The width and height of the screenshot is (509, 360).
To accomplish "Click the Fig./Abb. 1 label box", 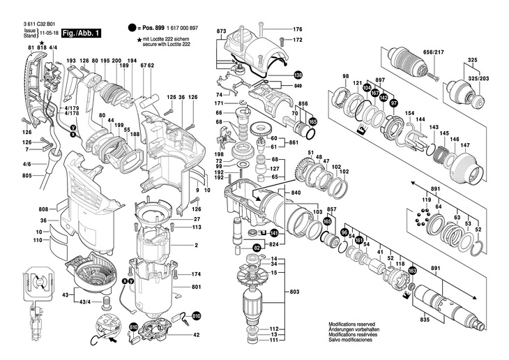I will pos(82,33).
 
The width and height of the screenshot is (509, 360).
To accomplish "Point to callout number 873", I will pos(222,32).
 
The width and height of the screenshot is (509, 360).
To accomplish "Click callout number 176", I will pos(298,29).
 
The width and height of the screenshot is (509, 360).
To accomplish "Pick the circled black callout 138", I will pos(298,75).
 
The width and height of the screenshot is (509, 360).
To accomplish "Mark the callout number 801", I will pos(197,287).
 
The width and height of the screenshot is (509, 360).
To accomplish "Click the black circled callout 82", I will pos(257,248).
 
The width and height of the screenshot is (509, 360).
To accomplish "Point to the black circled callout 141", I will pos(274,232).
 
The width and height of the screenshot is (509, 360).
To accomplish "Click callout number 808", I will pos(43,209).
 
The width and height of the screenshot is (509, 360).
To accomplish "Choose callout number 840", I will pos(296,192).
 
